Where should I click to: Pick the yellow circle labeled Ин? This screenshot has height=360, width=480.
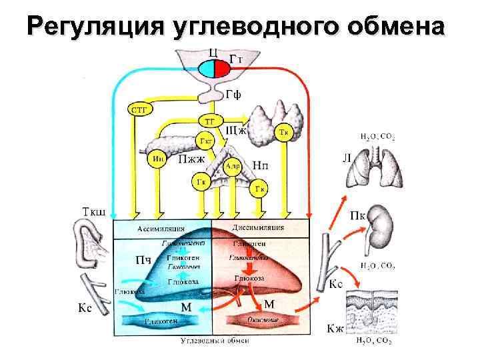pyautogui.click(x=159, y=159)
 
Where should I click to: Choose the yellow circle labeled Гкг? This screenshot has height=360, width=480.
pyautogui.click(x=205, y=141)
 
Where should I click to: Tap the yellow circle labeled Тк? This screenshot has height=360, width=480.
pyautogui.click(x=284, y=131)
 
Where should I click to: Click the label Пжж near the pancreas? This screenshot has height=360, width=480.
pyautogui.click(x=193, y=159)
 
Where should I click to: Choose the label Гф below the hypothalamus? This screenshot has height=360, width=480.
pyautogui.click(x=232, y=94)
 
